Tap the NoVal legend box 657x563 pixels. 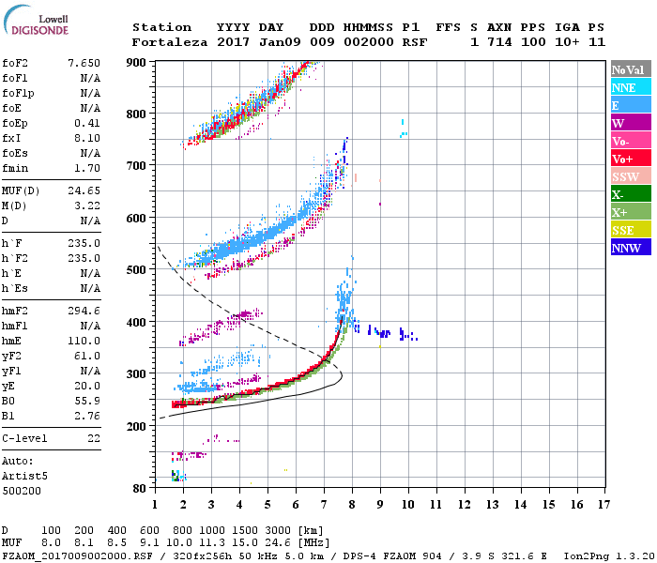click(x=630, y=69)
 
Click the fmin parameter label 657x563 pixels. click(x=16, y=168)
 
